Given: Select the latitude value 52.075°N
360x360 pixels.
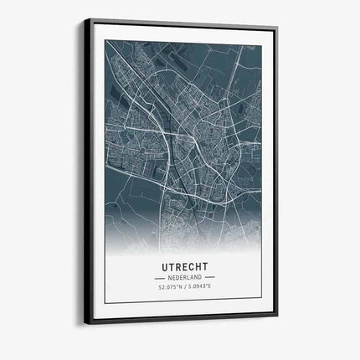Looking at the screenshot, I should (169, 287).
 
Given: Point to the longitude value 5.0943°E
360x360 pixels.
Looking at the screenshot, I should (201, 287).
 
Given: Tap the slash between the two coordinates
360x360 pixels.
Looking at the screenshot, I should (184, 287).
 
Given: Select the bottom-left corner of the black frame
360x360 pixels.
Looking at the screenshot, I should (83, 323).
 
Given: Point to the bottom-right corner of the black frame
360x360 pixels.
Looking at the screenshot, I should (278, 319).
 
